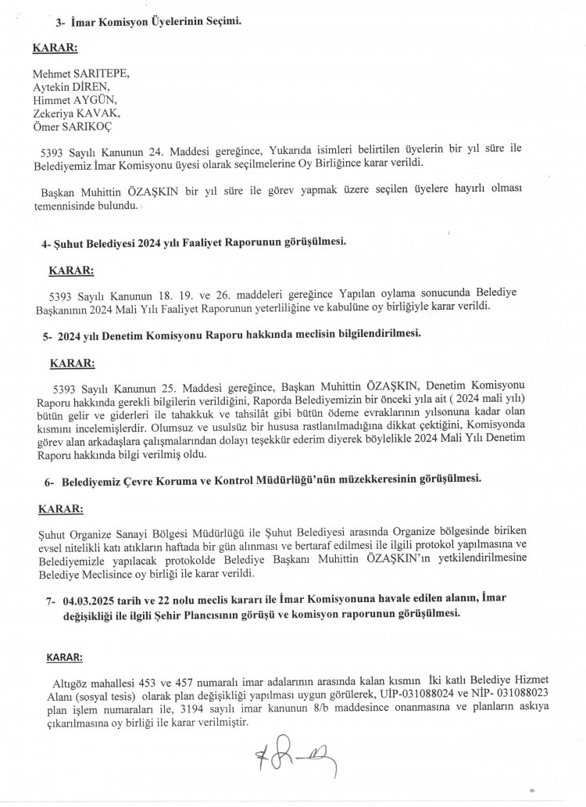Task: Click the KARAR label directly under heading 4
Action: (72, 271)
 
